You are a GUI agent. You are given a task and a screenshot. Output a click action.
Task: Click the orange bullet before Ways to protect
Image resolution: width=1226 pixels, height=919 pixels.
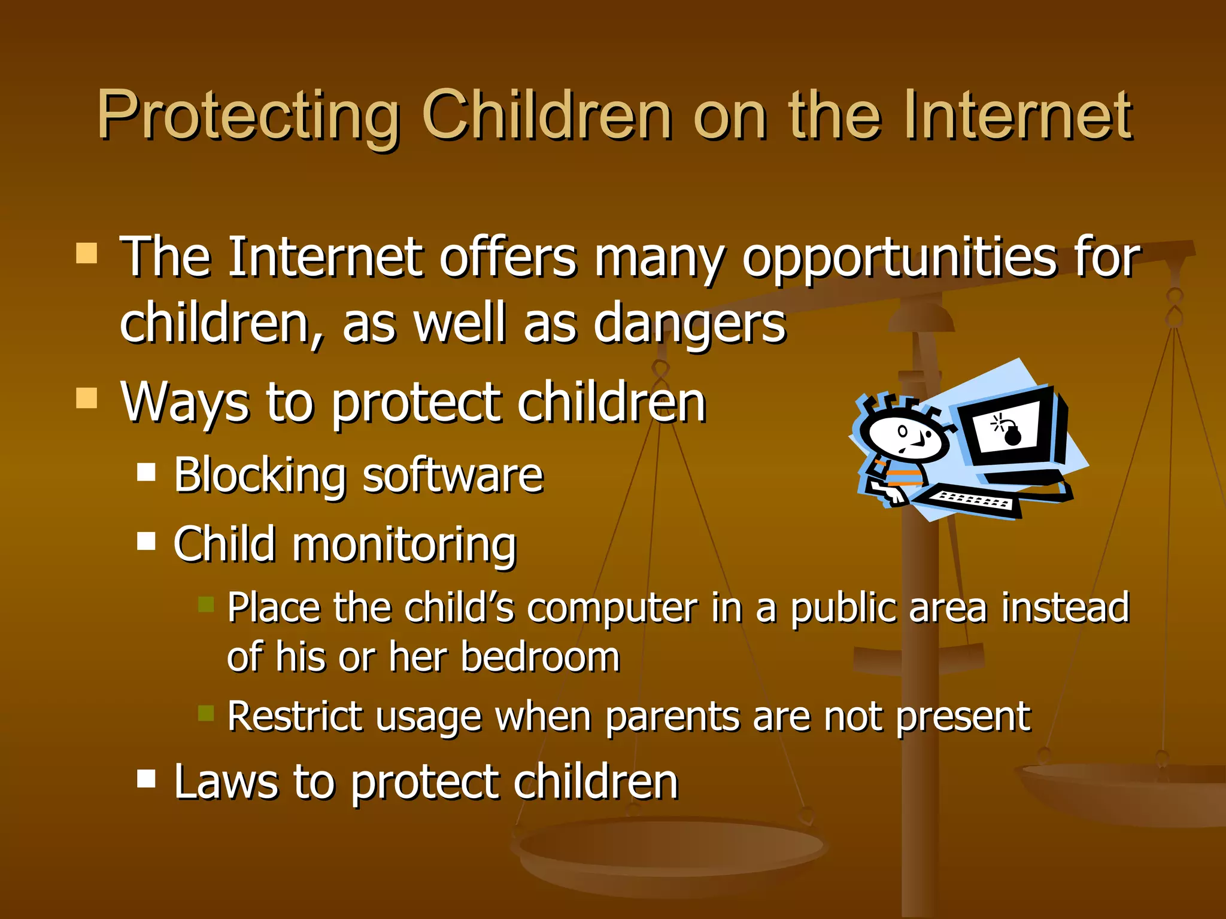(x=87, y=398)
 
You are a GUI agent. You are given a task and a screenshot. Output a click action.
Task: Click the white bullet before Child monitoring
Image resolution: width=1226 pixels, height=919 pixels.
(x=146, y=541)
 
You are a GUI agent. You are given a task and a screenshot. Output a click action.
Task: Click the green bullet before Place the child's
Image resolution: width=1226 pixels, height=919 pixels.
(x=206, y=604)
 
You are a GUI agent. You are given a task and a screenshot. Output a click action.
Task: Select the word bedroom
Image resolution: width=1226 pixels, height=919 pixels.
(x=540, y=658)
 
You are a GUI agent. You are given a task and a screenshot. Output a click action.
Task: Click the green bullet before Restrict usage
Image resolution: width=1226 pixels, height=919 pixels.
(x=206, y=713)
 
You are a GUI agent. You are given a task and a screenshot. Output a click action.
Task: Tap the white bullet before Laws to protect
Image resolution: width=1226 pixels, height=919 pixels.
(x=146, y=778)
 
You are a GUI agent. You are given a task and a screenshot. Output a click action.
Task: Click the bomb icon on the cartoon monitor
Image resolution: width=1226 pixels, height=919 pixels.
(x=1012, y=434)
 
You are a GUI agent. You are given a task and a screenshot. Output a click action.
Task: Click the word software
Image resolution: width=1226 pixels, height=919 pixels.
(x=453, y=476)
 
